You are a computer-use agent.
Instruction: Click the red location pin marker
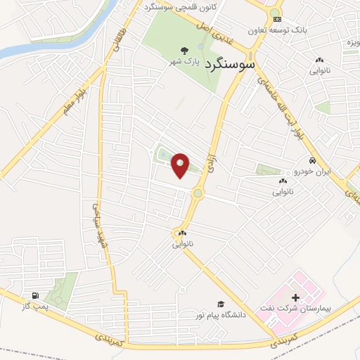pyautogui.click(x=181, y=165)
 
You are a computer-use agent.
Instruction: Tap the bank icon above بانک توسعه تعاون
pyautogui.click(x=277, y=19)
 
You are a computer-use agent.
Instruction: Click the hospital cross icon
pyautogui.click(x=295, y=297)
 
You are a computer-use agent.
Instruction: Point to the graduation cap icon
pyautogui.click(x=221, y=304)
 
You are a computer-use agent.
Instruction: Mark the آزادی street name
pyautogui.click(x=208, y=163)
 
